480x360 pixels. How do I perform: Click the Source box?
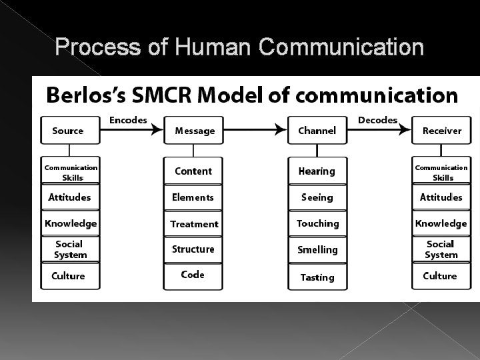70,131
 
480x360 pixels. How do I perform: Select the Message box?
194,131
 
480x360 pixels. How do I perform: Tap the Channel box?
317,131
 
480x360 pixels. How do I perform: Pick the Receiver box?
441,131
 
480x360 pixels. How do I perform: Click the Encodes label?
128,120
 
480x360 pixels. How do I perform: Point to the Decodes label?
377,120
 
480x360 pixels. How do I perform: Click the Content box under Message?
194,171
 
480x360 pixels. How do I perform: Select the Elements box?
194,197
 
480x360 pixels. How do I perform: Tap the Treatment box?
194,224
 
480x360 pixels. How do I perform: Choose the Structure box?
194,249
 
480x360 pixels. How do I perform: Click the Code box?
194,275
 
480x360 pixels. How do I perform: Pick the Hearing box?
317,171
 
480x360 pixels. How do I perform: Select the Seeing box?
317,197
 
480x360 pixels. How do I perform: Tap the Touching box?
317,224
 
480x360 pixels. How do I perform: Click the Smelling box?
317,250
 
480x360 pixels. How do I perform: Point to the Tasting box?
317,277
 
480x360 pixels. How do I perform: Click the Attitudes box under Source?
70,197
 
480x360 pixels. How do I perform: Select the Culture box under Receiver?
440,276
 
